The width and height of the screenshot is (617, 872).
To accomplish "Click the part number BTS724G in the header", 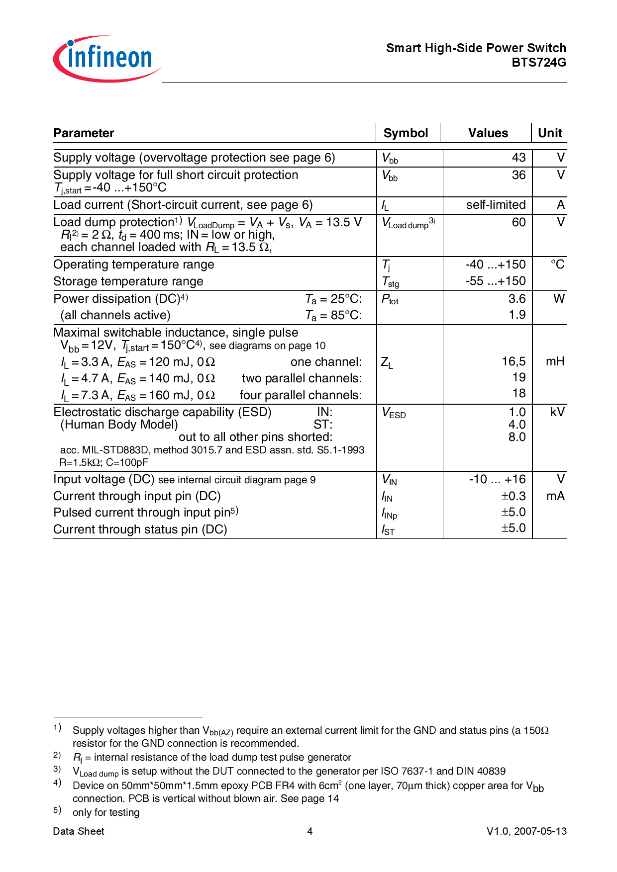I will [539, 63].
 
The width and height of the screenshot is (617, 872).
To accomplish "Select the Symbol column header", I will [406, 133].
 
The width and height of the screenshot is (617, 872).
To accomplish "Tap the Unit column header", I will [550, 133].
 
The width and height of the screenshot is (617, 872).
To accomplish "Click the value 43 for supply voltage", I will [518, 158].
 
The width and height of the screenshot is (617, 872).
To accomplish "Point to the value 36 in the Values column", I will [518, 175].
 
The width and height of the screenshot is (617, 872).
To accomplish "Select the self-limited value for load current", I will [496, 205].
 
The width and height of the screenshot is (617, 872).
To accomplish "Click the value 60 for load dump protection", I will [518, 222].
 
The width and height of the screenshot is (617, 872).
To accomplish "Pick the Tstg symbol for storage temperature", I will [390, 282].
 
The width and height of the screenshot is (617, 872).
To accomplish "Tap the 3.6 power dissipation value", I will [517, 299].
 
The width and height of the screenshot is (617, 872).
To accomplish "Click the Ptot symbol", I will [390, 299].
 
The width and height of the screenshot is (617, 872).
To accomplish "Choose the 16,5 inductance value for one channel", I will [514, 361].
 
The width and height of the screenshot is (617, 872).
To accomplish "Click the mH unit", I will [555, 361].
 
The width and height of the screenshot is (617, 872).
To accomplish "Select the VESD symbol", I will [394, 413].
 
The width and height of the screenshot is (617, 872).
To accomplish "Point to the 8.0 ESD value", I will [517, 437].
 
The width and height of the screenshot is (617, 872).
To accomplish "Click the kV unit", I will [557, 412].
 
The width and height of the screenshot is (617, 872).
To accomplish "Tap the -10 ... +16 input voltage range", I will [497, 479].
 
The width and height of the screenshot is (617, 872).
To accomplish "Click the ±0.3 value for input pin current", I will [513, 496].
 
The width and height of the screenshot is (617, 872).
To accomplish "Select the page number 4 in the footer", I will [309, 831].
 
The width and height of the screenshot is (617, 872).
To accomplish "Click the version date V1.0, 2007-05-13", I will [526, 831].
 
